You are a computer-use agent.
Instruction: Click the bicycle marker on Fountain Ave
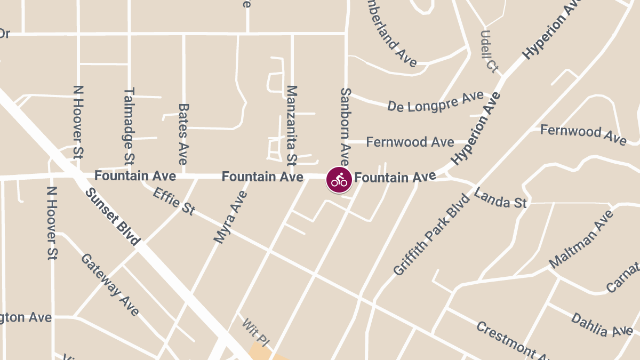click(339, 180)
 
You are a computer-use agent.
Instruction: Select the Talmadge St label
click(129, 126)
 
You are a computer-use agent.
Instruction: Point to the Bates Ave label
click(183, 134)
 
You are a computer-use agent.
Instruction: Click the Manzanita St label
click(291, 124)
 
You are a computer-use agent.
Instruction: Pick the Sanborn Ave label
click(345, 127)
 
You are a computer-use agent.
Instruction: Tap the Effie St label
click(174, 201)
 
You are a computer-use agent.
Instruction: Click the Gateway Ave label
click(110, 284)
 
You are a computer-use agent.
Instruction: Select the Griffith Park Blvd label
click(432, 235)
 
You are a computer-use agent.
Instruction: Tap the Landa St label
click(500, 198)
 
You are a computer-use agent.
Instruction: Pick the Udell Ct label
click(489, 51)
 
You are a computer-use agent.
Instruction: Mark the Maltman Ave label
click(581, 239)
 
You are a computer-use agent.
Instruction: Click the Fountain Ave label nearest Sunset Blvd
click(135, 175)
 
